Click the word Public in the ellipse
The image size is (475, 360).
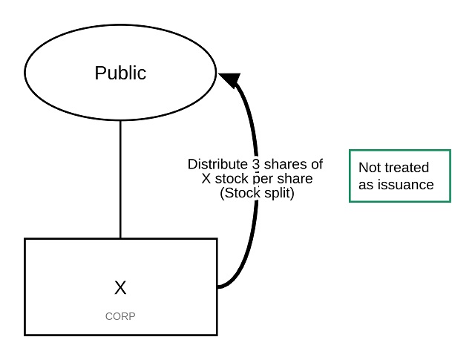(x=120, y=73)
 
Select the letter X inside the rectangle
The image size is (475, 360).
(x=120, y=288)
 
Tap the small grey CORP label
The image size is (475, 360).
(x=120, y=316)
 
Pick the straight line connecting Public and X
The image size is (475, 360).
(x=120, y=178)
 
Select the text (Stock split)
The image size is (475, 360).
(x=255, y=193)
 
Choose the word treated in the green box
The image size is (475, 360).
(x=407, y=168)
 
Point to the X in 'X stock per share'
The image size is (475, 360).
(x=206, y=179)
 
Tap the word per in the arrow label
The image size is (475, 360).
(x=263, y=179)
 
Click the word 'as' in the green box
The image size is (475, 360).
(x=366, y=185)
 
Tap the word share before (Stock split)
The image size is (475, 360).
(x=294, y=179)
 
